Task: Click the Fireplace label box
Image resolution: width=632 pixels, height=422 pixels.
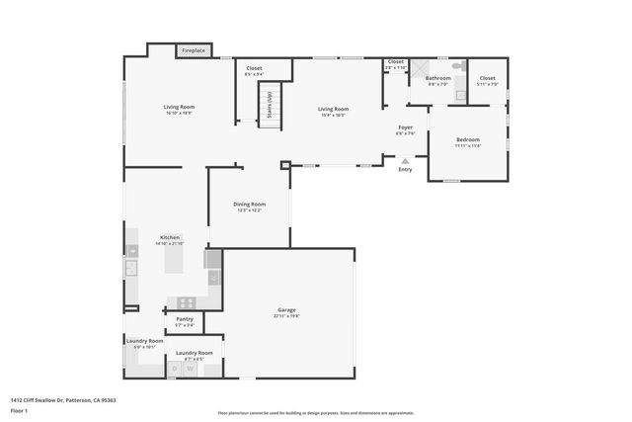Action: pos(193,49)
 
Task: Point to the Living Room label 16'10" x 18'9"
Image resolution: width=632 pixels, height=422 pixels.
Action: pos(179,110)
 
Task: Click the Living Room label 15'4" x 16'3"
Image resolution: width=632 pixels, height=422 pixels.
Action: pos(333,112)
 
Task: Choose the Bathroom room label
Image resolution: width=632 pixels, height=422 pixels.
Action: pos(438,80)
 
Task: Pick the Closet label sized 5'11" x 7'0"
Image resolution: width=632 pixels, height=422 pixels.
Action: pos(487,80)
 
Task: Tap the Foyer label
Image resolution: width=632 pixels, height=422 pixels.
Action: pos(405,129)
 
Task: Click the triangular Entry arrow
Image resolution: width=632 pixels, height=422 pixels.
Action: pos(405,160)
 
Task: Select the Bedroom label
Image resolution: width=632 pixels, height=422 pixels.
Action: pos(467,142)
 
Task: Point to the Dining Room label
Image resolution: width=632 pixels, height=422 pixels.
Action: pos(249,207)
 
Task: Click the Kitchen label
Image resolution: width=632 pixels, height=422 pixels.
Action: pos(170,240)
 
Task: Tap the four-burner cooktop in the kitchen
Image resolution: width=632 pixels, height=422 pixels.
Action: pos(183,302)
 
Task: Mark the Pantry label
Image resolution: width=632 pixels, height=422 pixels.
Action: pos(184,321)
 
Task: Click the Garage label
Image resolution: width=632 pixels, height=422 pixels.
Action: pos(286,313)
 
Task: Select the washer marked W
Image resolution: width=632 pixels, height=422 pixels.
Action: pos(192,369)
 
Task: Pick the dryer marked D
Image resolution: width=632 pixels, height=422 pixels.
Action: pos(176,369)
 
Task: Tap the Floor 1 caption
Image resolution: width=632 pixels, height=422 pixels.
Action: pos(19,410)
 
